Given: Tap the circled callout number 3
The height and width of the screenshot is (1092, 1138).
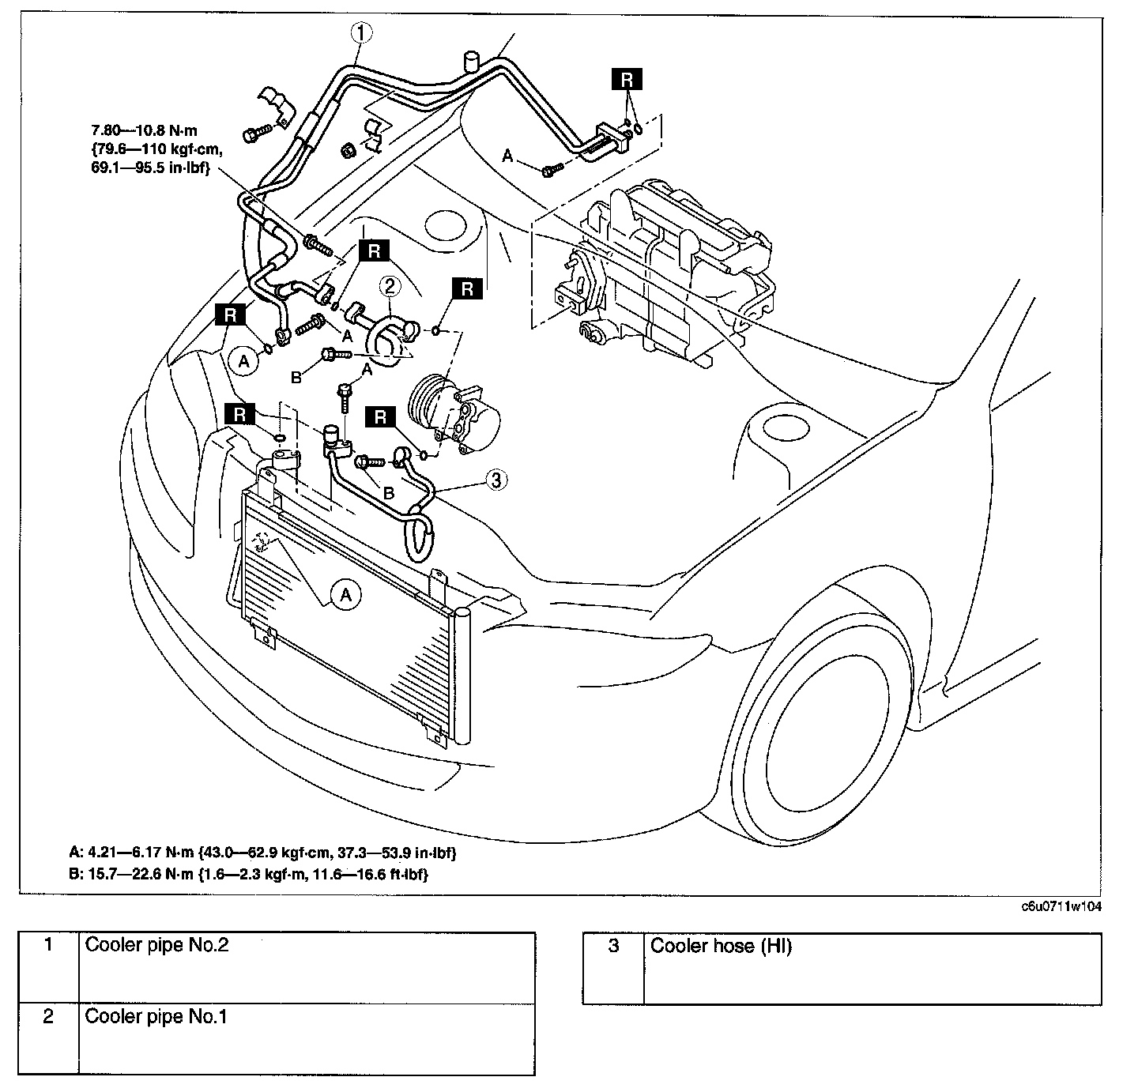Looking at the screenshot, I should coord(496,480).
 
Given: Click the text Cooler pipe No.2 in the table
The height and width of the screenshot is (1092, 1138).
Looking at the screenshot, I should coord(156,945).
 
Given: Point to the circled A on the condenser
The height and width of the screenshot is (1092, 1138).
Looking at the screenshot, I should coord(345,595).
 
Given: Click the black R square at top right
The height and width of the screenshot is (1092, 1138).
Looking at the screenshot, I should coord(627,80).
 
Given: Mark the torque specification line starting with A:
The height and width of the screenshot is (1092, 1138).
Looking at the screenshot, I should coord(263,853).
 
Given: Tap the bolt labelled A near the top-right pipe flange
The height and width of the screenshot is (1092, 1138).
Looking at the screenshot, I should coord(552,169).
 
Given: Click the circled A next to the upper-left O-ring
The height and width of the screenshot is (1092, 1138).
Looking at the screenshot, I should coord(244,362).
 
